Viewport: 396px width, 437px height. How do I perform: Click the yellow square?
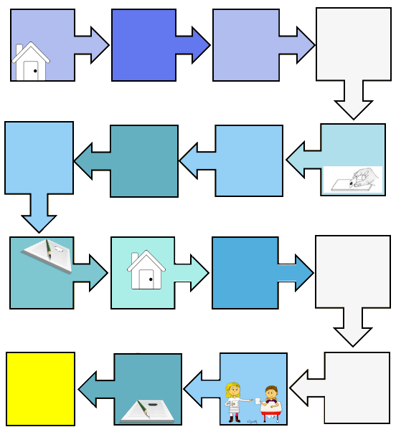[x=41, y=388]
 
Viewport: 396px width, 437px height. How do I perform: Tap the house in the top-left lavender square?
[x=31, y=62]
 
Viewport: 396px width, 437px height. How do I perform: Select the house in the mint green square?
[x=146, y=270]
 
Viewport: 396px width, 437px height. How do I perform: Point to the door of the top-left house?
[x=31, y=70]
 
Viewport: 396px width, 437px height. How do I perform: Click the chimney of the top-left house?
[x=19, y=49]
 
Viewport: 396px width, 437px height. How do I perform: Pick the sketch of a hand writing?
[x=353, y=179]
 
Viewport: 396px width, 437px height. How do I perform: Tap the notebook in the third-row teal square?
[x=48, y=254]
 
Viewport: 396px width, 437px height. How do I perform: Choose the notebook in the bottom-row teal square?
[x=147, y=410]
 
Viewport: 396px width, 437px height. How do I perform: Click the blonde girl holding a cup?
[x=233, y=402]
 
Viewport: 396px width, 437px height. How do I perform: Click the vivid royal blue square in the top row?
[x=143, y=44]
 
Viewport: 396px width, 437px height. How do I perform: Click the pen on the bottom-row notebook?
[x=144, y=409]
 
